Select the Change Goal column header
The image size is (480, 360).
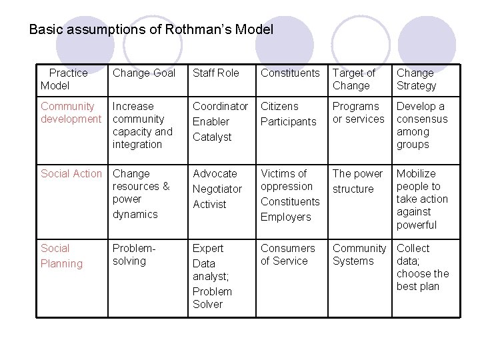pos(143,73)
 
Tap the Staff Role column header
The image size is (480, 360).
pos(215,73)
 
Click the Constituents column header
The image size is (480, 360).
pos(290,73)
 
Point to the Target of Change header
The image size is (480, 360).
pos(353,79)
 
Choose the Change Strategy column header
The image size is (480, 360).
pos(416,79)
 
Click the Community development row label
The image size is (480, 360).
pos(71,113)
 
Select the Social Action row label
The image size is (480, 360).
pos(71,173)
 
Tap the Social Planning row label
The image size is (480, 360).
pos(61,256)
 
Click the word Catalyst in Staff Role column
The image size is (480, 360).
pos(212,137)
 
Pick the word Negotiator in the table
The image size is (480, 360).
pos(217,189)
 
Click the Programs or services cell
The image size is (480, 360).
pos(358,113)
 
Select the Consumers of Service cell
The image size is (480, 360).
pos(287,255)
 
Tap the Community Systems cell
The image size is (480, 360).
pos(359,255)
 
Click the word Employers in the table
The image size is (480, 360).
pos(285,217)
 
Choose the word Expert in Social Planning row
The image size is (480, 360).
pos(208,248)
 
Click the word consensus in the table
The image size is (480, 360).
pos(422,119)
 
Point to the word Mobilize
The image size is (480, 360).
pos(416,173)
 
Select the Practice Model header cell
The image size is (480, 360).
pos(65,79)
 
